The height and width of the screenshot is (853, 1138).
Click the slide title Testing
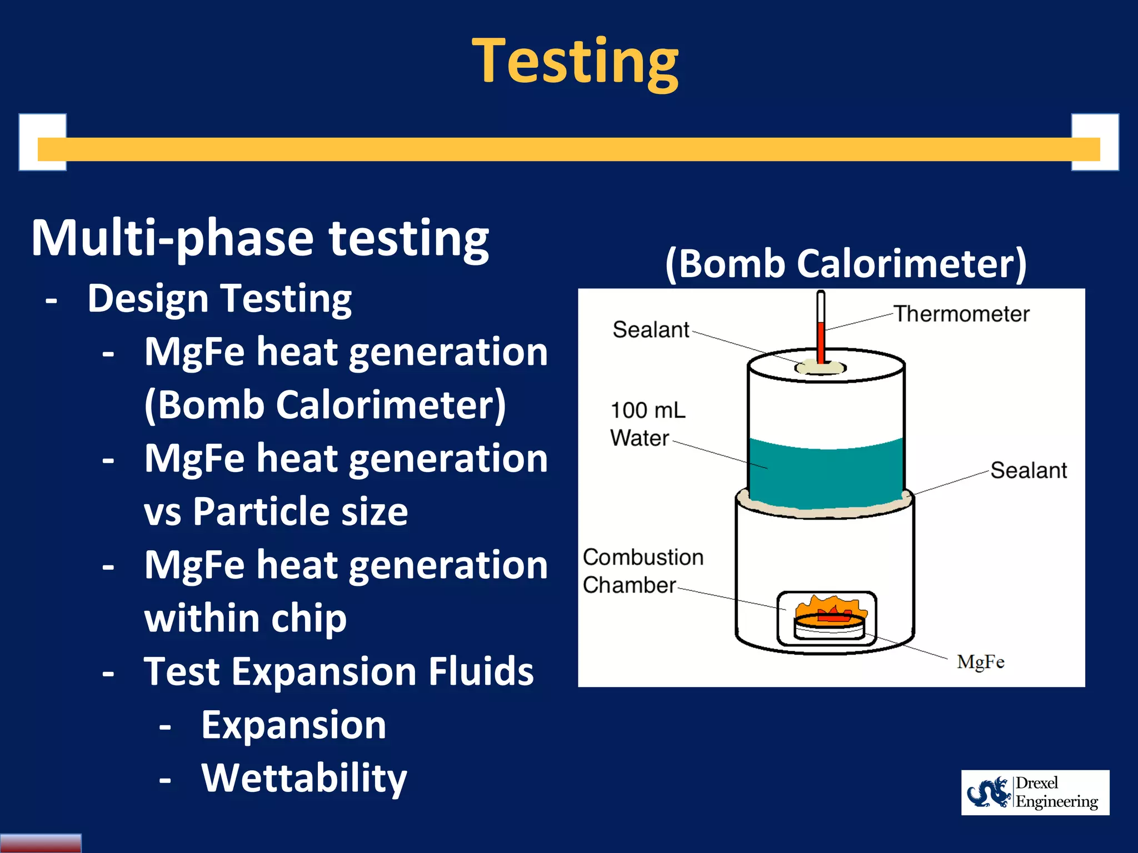(575, 61)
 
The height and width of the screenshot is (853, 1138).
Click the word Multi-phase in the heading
(172, 239)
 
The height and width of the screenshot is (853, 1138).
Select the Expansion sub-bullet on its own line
(293, 725)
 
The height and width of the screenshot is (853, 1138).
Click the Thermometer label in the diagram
(961, 314)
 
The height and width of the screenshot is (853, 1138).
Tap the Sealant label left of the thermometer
(650, 330)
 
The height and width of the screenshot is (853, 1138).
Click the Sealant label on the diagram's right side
(1028, 470)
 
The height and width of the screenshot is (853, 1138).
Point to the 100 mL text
(648, 410)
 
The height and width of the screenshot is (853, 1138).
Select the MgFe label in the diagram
(980, 662)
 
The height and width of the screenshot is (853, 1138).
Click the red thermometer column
(821, 342)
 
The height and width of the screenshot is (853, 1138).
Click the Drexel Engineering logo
(1035, 792)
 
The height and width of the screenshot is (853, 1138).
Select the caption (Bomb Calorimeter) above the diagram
(846, 263)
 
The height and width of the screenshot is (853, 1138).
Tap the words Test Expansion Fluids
(338, 671)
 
